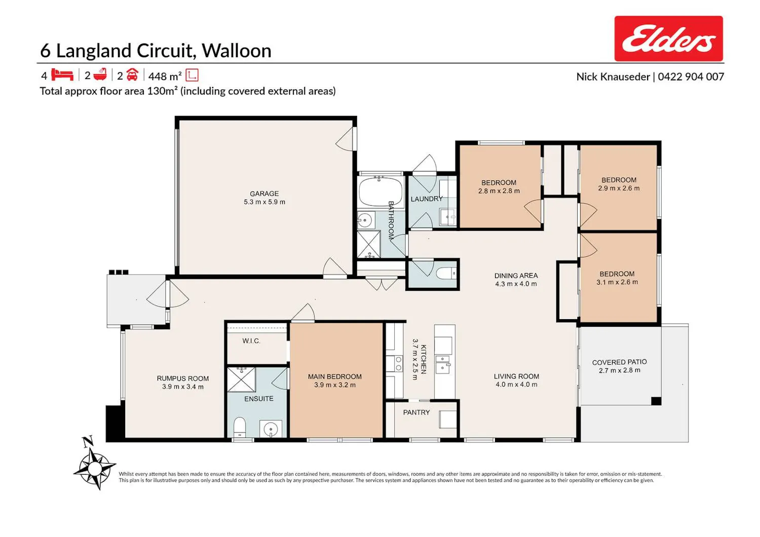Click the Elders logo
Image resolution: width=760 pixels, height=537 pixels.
coord(668,39)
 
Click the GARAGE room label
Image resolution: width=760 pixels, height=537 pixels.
coord(264,194)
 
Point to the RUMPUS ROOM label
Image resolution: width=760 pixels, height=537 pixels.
coord(182,378)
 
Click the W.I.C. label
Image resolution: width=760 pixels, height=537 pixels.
coord(251,341)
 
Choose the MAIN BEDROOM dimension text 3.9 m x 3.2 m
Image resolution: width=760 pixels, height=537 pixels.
coord(335,385)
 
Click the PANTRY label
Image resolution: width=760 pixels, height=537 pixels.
coord(416,412)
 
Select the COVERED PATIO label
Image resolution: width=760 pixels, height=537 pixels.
coord(619,362)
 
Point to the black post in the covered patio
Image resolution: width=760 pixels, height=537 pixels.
coord(656,401)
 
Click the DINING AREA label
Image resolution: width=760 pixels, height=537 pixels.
coord(516,276)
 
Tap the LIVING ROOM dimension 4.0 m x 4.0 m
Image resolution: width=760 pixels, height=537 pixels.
coord(516,385)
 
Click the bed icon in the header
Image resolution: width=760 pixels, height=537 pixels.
coord(62,74)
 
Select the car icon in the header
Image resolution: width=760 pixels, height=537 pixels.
coord(132,74)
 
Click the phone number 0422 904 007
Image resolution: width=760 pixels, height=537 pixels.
coord(691,76)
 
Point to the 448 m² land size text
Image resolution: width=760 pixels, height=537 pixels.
coord(165,76)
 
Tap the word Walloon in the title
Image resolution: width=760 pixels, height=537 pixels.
coord(237,51)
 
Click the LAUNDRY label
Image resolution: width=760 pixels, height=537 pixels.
coord(427,199)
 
